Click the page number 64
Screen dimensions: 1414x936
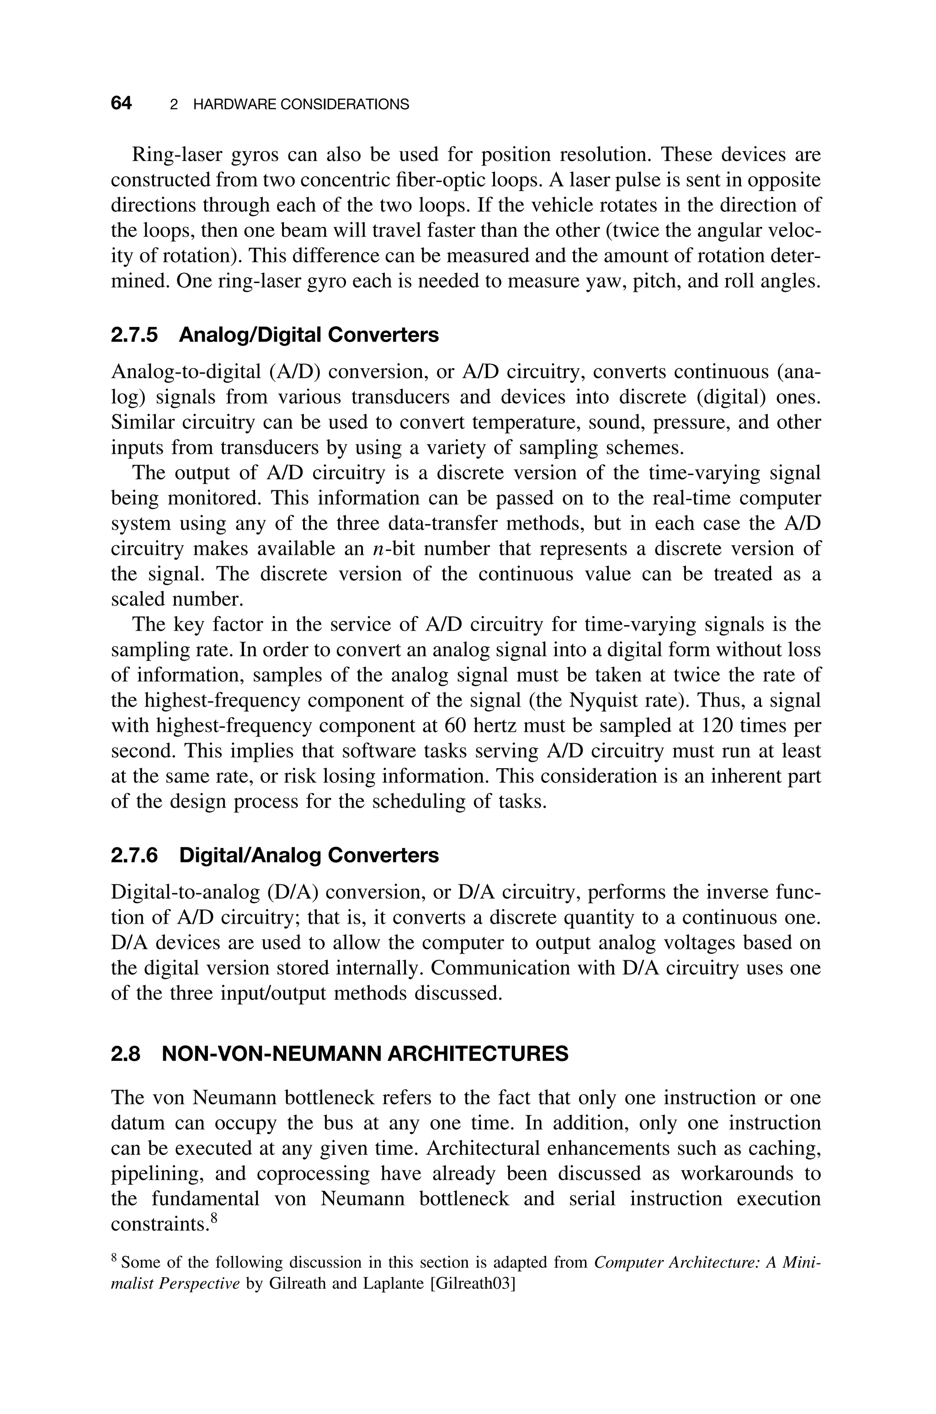121,103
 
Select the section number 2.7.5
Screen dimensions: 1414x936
135,335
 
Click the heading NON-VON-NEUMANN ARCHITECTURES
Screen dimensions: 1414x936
365,1055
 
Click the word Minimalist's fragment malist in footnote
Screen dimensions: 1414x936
130,1283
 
